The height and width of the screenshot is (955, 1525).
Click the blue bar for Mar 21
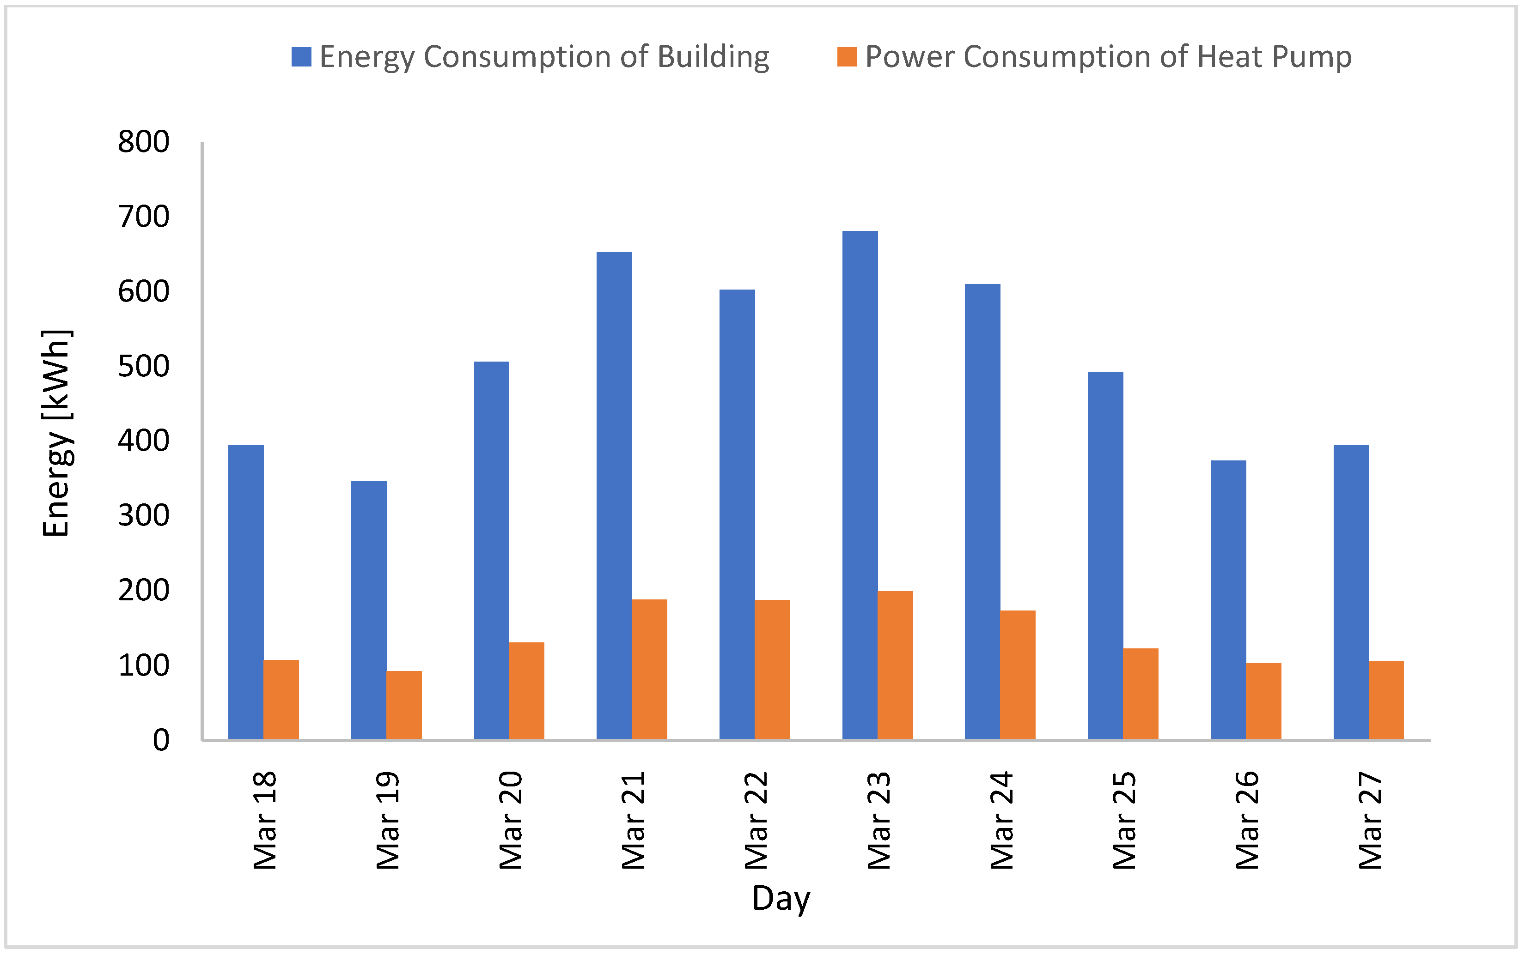pyautogui.click(x=614, y=496)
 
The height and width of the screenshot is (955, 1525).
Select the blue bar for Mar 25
pyautogui.click(x=1105, y=556)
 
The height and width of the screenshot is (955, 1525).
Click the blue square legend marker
pyautogui.click(x=301, y=57)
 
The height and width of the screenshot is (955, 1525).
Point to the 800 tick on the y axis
pyautogui.click(x=143, y=142)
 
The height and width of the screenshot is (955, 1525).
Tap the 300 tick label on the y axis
pyautogui.click(x=143, y=516)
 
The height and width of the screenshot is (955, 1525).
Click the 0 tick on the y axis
pyautogui.click(x=161, y=740)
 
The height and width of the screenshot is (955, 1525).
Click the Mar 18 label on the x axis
pyautogui.click(x=265, y=820)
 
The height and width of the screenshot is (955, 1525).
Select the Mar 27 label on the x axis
pyautogui.click(x=1370, y=820)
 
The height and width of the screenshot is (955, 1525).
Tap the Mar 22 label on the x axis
pyautogui.click(x=756, y=820)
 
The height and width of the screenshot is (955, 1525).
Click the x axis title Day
pyautogui.click(x=781, y=898)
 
